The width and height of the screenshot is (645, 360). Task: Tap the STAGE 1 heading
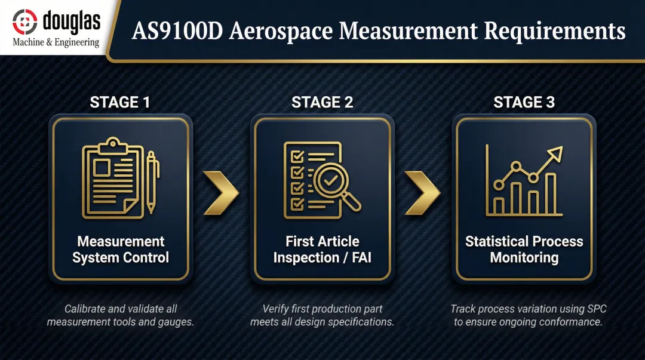click(120, 103)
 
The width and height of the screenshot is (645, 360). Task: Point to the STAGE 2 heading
click(322, 103)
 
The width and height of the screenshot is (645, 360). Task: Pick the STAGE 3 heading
click(524, 103)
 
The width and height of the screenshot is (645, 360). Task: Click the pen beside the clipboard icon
click(151, 181)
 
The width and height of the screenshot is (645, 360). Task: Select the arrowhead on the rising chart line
click(555, 153)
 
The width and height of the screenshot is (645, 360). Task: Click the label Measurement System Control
click(121, 250)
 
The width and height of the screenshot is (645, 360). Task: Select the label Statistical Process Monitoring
click(524, 250)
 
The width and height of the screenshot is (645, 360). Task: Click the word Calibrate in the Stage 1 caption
click(87, 309)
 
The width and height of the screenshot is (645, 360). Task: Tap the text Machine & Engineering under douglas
click(56, 42)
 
